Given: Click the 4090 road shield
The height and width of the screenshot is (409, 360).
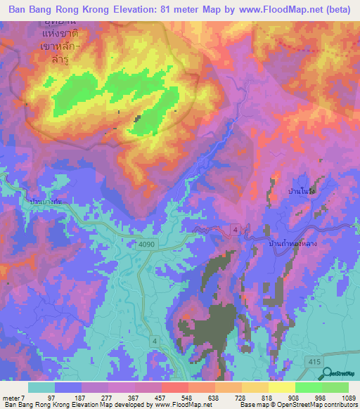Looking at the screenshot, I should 144,244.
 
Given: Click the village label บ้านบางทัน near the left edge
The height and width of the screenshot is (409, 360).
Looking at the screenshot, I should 44,202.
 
